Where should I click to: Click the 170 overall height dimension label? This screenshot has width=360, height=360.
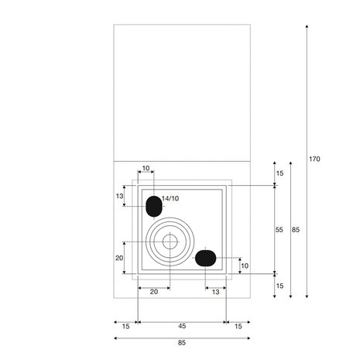click(x=314, y=159)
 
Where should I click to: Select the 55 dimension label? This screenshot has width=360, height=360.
click(x=279, y=230)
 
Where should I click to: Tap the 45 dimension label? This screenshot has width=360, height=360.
click(x=182, y=326)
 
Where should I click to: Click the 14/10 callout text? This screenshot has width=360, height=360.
click(x=170, y=198)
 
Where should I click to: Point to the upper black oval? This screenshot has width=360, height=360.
click(x=154, y=206)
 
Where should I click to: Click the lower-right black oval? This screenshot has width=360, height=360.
click(x=205, y=258)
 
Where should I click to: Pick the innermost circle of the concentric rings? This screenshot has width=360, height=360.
click(x=170, y=242)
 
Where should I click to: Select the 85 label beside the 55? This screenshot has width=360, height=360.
click(x=296, y=230)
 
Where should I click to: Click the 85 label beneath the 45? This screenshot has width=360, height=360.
click(x=182, y=343)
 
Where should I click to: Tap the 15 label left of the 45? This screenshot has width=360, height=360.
click(x=125, y=327)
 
